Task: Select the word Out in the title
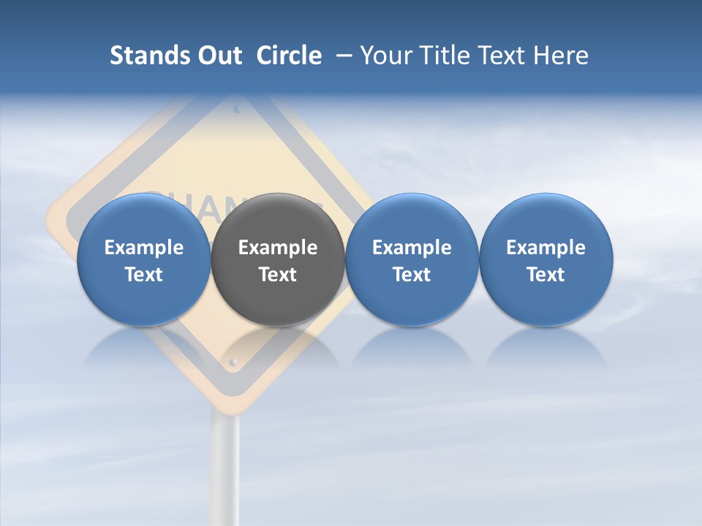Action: [218, 56]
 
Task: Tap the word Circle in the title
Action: [289, 56]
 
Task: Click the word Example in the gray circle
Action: [278, 248]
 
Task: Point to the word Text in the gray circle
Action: [278, 275]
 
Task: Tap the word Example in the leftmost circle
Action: [143, 248]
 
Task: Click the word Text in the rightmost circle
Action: [546, 275]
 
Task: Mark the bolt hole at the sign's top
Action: [237, 110]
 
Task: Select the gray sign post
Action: [225, 468]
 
